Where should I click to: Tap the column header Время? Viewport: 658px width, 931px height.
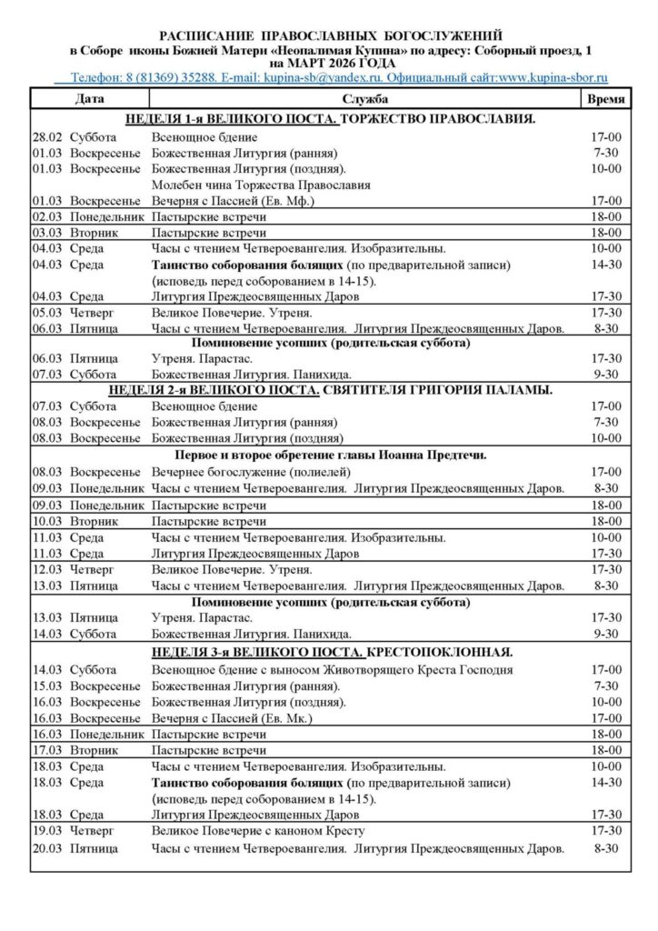pyautogui.click(x=605, y=98)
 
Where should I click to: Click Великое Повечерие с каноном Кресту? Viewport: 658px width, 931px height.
pyautogui.click(x=258, y=831)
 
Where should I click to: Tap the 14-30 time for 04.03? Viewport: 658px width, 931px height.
pyautogui.click(x=605, y=265)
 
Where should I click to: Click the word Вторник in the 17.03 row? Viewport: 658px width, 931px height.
pyautogui.click(x=95, y=750)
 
